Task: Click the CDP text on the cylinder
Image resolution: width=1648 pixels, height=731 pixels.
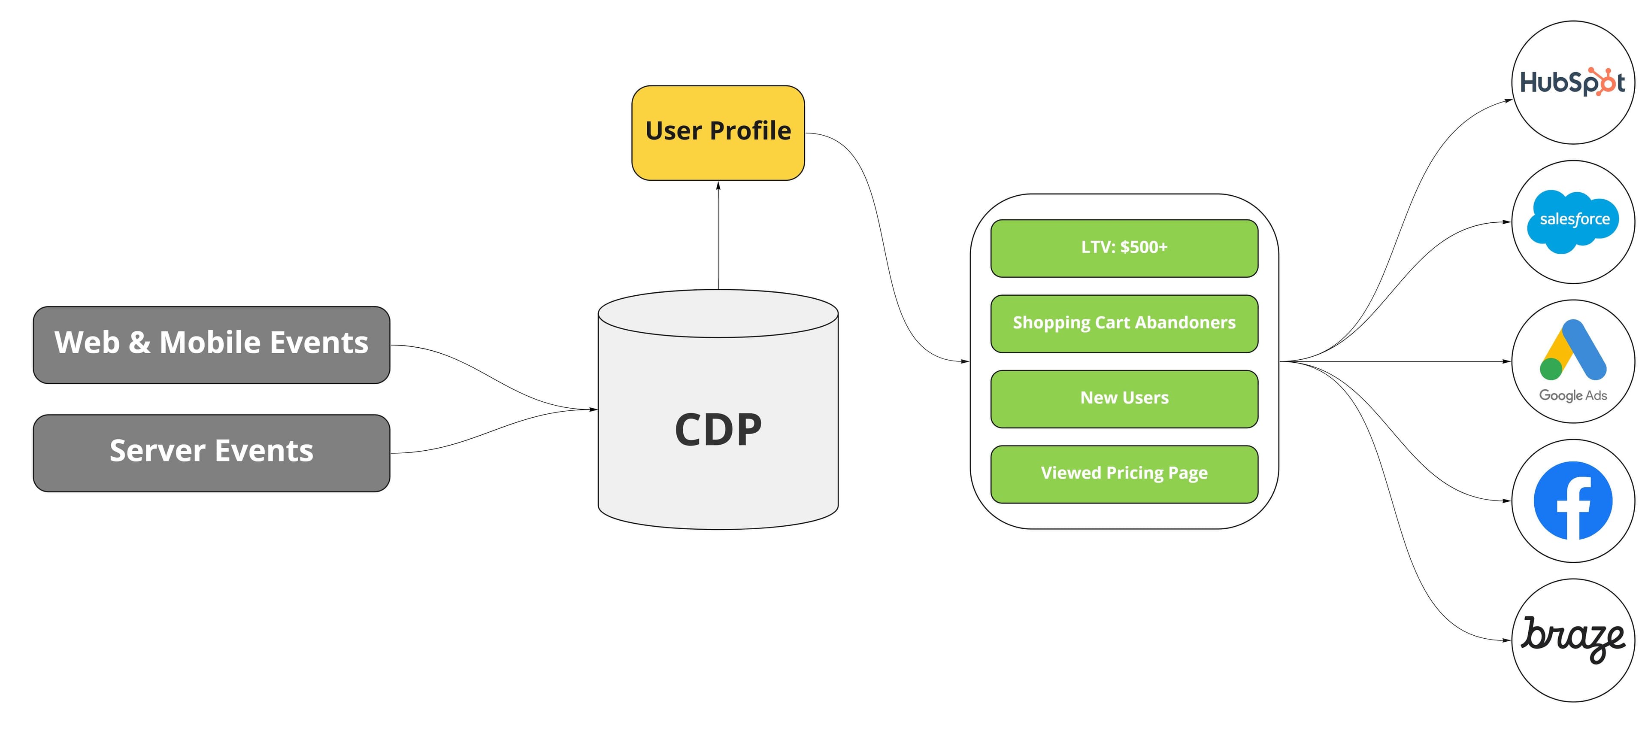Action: coord(718,430)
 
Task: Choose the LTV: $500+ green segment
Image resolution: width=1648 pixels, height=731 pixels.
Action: coord(1124,248)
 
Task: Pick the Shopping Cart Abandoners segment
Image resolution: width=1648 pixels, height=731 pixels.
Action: coord(1124,323)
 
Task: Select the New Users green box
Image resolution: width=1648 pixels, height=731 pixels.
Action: coord(1124,398)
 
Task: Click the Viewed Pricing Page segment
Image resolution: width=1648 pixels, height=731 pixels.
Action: coord(1124,474)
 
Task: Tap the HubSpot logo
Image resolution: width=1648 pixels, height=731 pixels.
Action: coord(1572,82)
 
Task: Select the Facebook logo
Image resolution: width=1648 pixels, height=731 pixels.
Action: coord(1572,500)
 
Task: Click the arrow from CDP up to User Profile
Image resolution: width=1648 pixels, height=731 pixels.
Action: coord(718,237)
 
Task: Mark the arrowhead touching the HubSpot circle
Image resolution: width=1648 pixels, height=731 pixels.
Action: coord(1508,100)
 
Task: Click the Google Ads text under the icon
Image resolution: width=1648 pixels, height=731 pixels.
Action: coord(1572,396)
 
